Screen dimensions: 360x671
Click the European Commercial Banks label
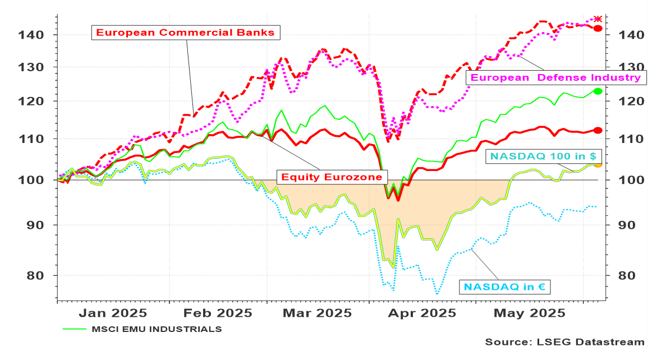point(185,33)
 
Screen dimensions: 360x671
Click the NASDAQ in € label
point(504,287)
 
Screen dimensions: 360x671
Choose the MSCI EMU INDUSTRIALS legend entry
point(157,329)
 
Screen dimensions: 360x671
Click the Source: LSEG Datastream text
point(565,341)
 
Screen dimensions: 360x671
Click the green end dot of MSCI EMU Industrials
point(598,91)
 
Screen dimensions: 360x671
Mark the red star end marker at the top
point(598,19)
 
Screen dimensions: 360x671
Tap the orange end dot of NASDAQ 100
point(598,164)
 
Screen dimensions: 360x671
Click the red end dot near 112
point(598,130)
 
